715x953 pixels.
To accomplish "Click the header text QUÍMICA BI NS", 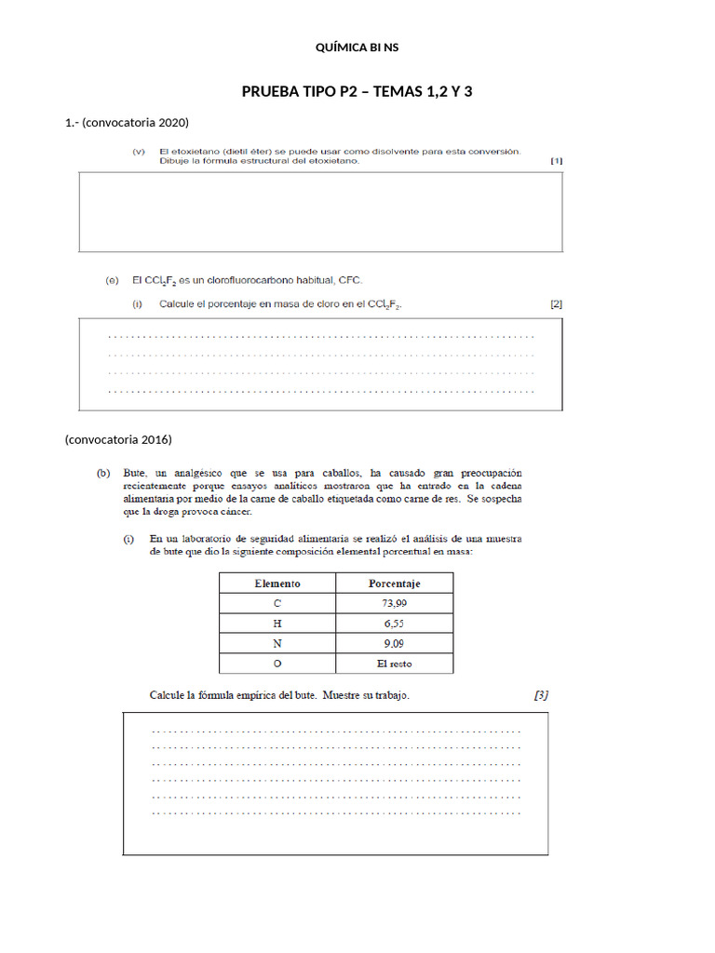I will coord(357,47).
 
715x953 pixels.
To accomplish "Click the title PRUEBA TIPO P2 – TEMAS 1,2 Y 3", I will coord(357,91).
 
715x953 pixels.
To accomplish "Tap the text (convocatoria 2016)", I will coord(118,438).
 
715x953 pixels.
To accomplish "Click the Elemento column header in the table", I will coord(277,584).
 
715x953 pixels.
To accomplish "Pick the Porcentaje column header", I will coord(394,584).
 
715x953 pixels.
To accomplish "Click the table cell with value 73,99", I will coord(394,604).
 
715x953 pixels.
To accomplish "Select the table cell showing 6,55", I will coord(394,624).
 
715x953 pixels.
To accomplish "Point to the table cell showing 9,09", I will coord(394,643).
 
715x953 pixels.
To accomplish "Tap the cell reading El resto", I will coord(394,664).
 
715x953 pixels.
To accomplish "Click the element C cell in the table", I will coord(277,604).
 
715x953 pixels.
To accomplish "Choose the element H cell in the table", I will coord(277,624).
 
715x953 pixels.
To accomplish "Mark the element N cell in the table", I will coord(277,643).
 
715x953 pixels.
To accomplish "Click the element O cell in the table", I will coord(277,664).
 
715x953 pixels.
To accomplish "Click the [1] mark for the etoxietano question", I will coord(556,160).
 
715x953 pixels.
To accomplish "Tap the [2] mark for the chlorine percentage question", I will coord(556,303).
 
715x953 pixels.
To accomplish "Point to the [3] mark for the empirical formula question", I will coord(541,694).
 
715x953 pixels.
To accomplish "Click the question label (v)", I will coord(140,151).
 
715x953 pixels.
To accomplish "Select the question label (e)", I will coord(112,278).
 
